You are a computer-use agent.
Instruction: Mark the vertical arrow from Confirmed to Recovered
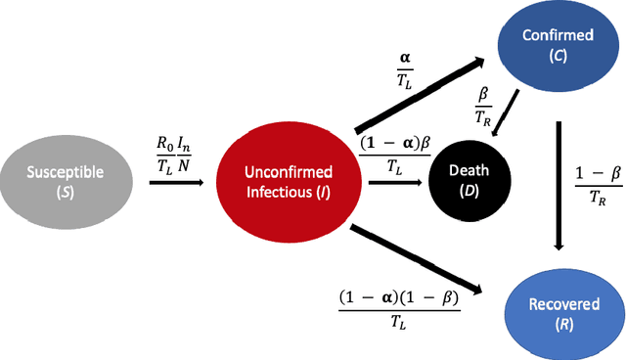tap(559, 186)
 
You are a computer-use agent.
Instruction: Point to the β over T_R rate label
tap(484, 105)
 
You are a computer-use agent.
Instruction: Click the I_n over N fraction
tap(195, 154)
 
